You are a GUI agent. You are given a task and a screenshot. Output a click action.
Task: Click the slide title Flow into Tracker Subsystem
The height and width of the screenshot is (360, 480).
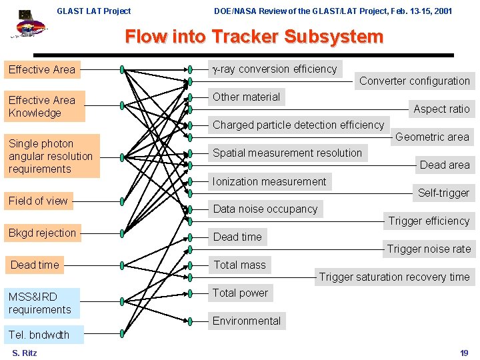[254, 37]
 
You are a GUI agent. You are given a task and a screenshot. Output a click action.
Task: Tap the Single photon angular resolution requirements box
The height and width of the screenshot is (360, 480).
[51, 156]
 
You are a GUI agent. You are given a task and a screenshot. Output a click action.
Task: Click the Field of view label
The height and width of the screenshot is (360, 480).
[38, 201]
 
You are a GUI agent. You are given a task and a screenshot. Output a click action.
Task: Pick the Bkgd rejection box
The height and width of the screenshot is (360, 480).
[43, 233]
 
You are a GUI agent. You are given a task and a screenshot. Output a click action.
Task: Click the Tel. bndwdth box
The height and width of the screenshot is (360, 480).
[39, 335]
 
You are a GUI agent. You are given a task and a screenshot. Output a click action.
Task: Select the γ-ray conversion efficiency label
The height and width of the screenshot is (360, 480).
[274, 69]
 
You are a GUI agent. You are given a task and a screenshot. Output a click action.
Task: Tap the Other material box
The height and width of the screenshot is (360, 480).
[246, 97]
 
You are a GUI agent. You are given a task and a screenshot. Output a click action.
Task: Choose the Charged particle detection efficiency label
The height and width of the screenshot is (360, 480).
[298, 125]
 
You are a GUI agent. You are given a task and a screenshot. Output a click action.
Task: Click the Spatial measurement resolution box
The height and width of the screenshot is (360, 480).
[287, 153]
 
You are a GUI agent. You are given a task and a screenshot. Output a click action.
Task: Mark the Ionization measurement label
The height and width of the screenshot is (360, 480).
[269, 181]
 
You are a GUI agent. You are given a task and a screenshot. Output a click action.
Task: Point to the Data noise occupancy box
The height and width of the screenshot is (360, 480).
[265, 209]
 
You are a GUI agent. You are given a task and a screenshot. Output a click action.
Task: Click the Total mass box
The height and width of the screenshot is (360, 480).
[239, 265]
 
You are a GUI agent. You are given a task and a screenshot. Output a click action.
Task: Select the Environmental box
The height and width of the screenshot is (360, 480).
[247, 321]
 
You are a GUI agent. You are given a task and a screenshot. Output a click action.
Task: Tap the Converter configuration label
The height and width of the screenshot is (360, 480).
[415, 81]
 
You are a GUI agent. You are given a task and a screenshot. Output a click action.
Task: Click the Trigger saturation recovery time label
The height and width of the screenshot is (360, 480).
[394, 277]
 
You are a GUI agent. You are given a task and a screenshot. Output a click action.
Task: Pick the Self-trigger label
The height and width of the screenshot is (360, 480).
[443, 193]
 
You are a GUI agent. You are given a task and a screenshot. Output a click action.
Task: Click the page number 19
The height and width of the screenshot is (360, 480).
[464, 353]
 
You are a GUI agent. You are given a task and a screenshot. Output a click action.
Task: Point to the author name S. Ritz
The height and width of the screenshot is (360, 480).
[25, 353]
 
